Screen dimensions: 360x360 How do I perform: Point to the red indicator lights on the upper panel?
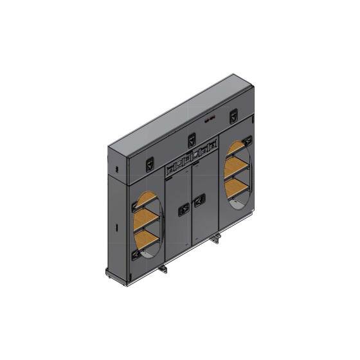(210, 119)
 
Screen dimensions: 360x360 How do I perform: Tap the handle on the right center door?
(201, 200)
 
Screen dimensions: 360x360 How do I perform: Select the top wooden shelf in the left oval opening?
(148, 199)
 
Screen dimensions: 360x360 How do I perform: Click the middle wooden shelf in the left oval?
(145, 221)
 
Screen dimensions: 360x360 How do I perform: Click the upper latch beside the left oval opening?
(135, 206)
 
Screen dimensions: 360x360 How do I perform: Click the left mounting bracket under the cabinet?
(165, 267)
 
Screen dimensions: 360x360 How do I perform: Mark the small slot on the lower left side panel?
(115, 228)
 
